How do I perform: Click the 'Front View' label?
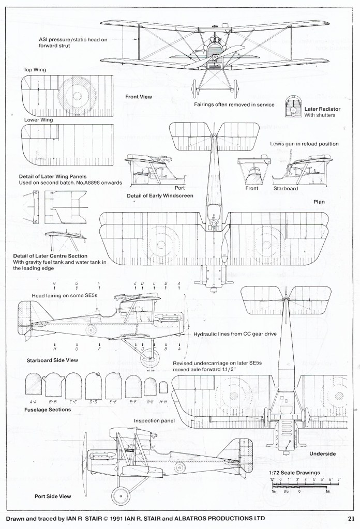coord(138,97)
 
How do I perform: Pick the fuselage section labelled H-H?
coord(163,387)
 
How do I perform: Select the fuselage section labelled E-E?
coord(113,385)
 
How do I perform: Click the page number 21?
coord(351,519)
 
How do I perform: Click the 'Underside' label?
coord(322,454)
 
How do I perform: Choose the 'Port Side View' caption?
coord(52,496)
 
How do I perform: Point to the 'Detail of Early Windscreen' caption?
coord(160,196)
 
